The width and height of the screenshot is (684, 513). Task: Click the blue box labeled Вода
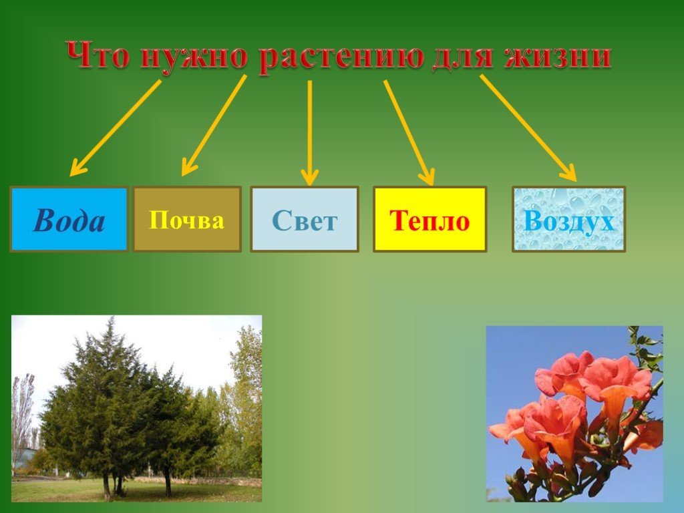click(69, 219)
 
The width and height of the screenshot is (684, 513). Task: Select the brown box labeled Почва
click(187, 219)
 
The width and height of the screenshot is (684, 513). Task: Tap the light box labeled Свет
click(305, 219)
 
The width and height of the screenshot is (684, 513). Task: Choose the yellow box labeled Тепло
click(430, 219)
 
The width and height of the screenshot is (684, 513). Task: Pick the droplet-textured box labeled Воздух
click(568, 219)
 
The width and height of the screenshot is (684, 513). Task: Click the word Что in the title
click(99, 55)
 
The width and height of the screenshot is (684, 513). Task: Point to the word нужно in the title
click(194, 57)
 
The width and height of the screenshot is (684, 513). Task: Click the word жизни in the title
click(557, 56)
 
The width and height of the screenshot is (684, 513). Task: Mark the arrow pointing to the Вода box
click(115, 128)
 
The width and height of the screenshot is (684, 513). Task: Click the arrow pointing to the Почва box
click(214, 125)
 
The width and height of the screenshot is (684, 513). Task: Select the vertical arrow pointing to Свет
click(310, 133)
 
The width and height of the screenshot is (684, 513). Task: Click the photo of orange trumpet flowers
click(574, 413)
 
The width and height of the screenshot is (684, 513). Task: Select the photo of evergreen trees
click(136, 408)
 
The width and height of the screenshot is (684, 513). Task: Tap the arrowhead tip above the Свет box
click(310, 186)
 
